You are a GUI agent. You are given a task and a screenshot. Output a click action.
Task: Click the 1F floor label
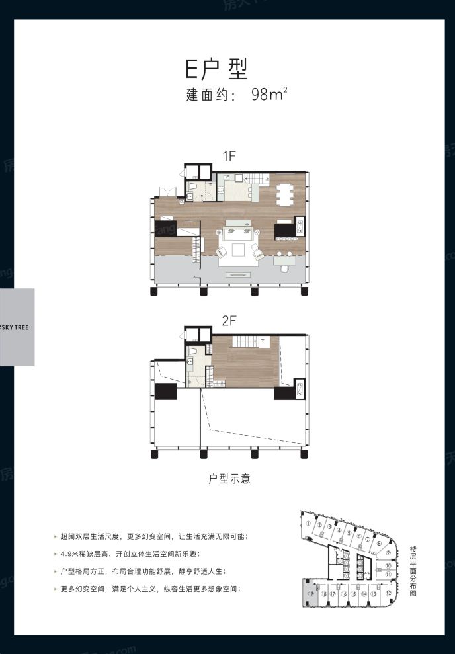click(x=229, y=156)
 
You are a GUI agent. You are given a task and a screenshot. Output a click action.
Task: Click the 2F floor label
click(x=229, y=320)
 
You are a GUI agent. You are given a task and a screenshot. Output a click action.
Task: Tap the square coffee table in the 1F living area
click(x=239, y=251)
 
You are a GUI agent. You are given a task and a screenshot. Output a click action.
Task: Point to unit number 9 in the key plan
click(x=389, y=553)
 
